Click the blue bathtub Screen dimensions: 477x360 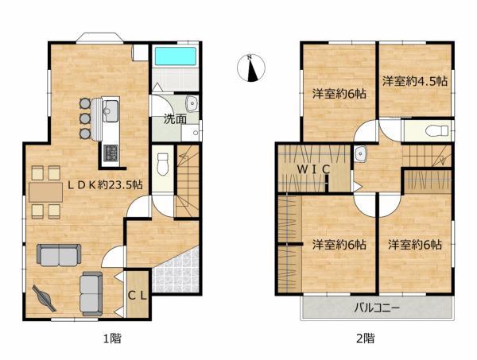(175, 56)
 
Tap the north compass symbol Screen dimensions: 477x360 (251, 68)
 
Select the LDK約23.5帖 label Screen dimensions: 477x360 (105, 185)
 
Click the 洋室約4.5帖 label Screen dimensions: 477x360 (415, 82)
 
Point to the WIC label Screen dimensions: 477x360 (313, 169)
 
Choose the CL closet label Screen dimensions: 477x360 (138, 296)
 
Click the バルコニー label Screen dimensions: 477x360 (377, 308)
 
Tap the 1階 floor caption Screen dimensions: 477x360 (113, 338)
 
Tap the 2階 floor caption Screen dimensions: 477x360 (365, 338)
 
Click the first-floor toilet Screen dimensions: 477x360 (163, 165)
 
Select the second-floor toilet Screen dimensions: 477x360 (436, 131)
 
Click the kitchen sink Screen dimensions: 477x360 (111, 110)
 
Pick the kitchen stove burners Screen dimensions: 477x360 (111, 153)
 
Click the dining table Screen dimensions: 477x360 (45, 192)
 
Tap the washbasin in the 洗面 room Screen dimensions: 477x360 (192, 103)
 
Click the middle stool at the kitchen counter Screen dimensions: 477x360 (85, 118)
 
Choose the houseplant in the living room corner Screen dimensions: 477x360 (44, 298)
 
